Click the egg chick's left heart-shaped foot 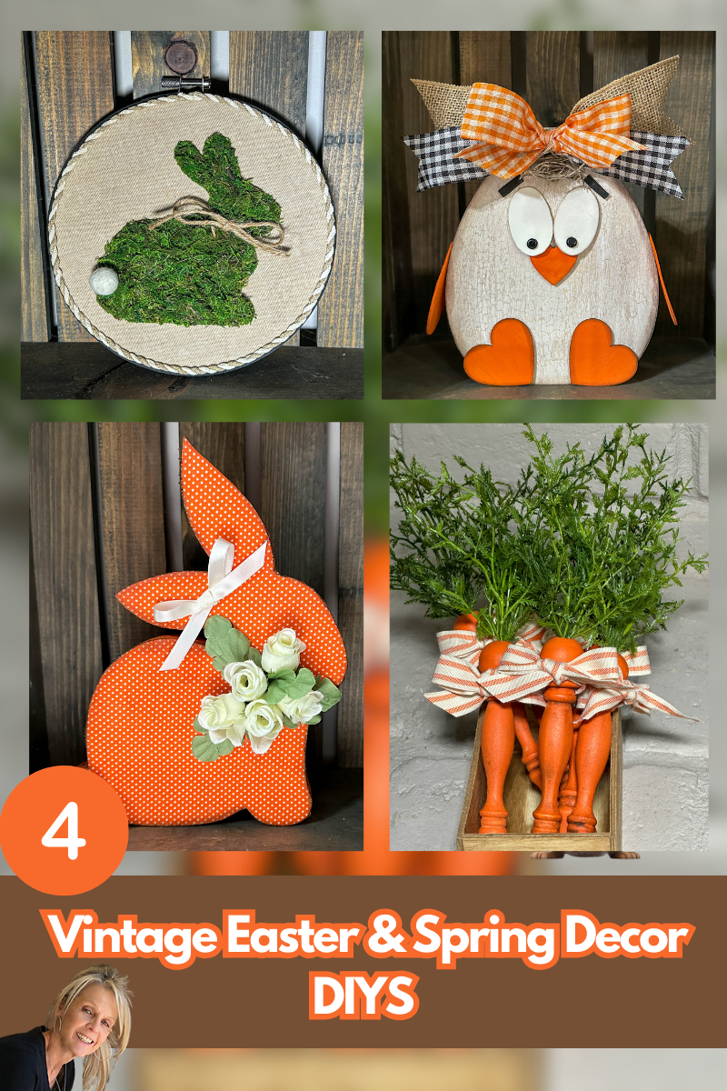click(500, 350)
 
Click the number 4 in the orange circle click(64, 830)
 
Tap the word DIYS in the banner click(363, 996)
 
